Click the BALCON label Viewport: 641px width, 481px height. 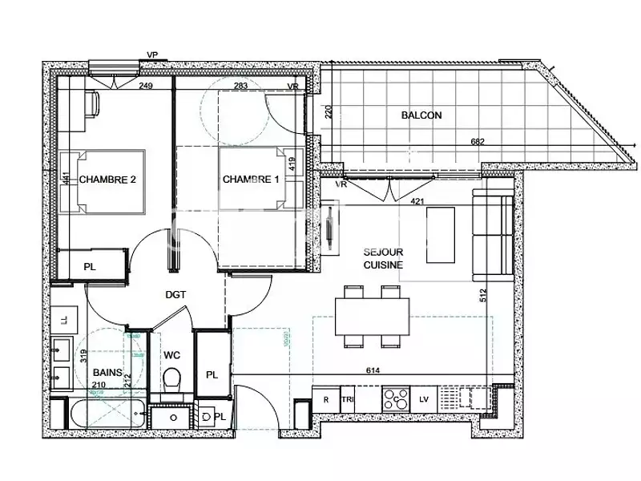pos(421,115)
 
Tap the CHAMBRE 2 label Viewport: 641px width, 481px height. pos(107,180)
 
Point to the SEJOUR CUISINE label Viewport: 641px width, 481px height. pos(381,257)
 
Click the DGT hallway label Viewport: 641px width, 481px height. pos(175,294)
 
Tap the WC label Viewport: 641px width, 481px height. pos(172,354)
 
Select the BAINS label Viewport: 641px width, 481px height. pos(108,373)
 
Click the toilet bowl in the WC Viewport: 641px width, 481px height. pos(171,379)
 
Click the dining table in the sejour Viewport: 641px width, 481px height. pos(372,317)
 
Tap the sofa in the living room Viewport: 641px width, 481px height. pos(492,232)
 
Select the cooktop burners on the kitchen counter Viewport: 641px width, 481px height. pos(394,398)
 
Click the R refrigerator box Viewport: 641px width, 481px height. pos(325,398)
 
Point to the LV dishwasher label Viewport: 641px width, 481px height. pos(425,398)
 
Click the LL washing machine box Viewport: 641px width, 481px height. pos(64,321)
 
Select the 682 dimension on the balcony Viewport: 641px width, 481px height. pos(477,143)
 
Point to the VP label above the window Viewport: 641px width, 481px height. pos(151,55)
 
